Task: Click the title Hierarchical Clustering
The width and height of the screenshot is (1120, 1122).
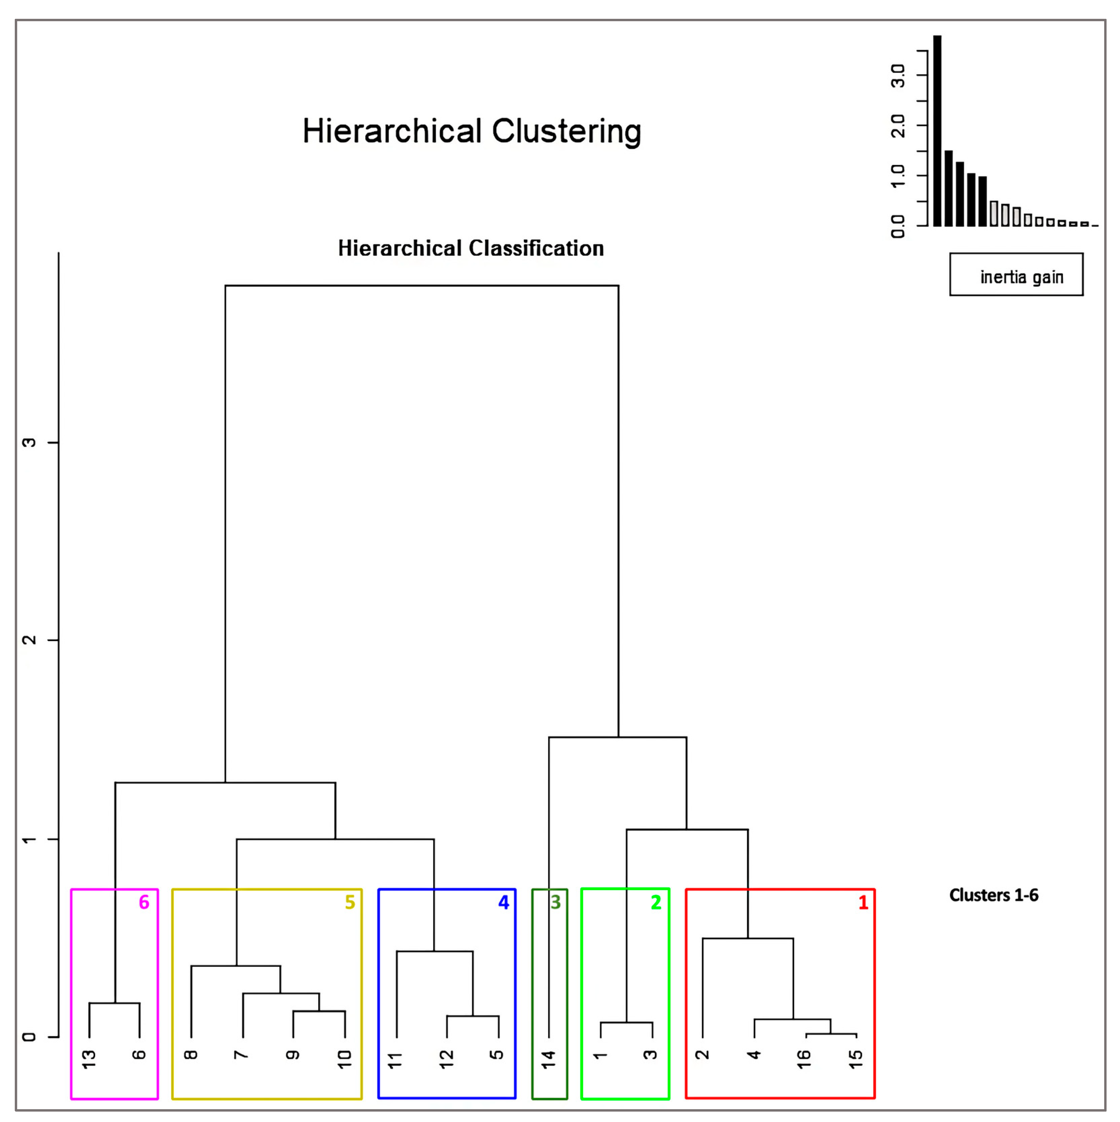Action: tap(471, 131)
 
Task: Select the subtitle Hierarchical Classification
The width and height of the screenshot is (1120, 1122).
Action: tap(471, 248)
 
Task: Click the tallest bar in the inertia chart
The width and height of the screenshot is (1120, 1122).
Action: tap(937, 131)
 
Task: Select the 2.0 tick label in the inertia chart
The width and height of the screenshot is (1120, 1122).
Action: tap(898, 125)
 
